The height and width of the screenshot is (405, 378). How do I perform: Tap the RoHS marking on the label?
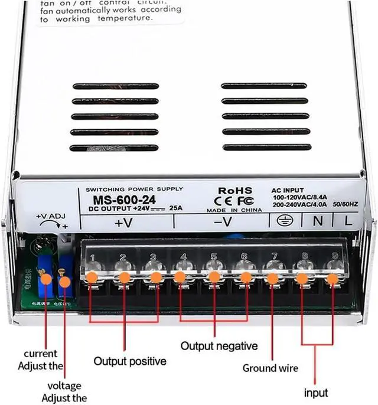coord(235,191)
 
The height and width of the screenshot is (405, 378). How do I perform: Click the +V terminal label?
coord(123,223)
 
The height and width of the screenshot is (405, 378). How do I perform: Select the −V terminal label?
coord(222,223)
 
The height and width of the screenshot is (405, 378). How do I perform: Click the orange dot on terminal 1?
coord(92,277)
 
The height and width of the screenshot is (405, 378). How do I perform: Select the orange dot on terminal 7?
coord(272,277)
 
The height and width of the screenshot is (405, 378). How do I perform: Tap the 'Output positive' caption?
coord(130,360)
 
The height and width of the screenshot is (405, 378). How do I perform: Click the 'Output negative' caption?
coord(219,346)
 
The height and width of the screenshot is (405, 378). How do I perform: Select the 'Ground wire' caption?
coord(271,368)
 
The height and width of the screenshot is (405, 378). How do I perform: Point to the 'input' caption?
coord(316,392)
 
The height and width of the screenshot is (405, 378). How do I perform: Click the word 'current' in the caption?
coord(41,354)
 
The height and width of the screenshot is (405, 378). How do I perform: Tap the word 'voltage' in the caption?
coord(64,386)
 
